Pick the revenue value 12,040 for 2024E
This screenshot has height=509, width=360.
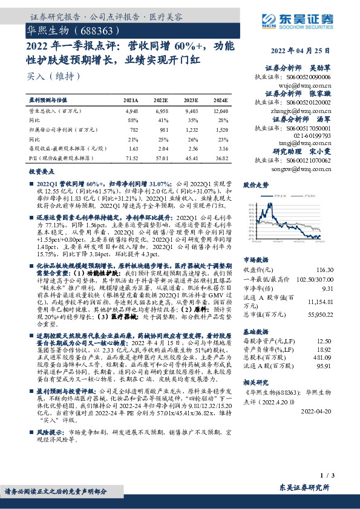click(x=220, y=112)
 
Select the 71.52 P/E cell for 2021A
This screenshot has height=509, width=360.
click(x=131, y=157)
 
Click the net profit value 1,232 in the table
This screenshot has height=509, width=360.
click(x=191, y=130)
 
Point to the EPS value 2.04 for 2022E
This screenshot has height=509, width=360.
click(x=162, y=148)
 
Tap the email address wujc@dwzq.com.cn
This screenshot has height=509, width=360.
click(x=311, y=85)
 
